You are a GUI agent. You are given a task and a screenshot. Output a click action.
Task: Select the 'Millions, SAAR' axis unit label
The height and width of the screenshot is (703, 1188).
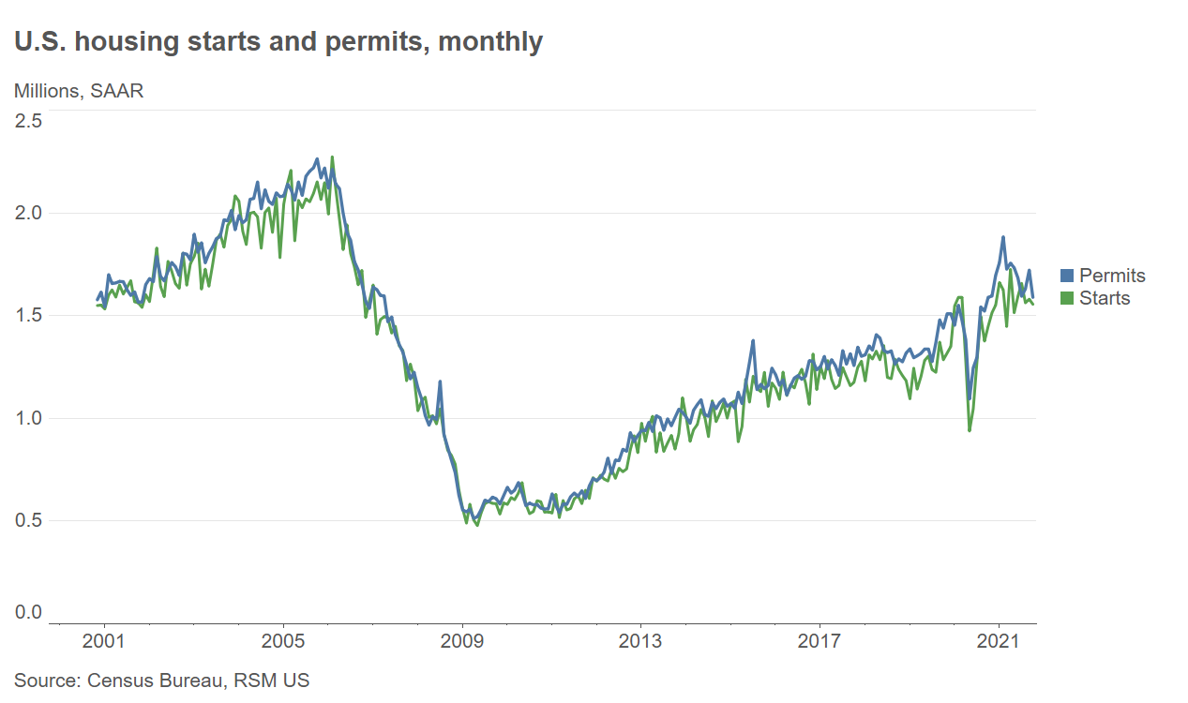click(79, 91)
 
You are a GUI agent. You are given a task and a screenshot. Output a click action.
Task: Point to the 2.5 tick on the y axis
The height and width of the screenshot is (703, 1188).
click(28, 120)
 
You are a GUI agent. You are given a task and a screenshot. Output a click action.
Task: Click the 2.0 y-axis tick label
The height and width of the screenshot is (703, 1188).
click(28, 213)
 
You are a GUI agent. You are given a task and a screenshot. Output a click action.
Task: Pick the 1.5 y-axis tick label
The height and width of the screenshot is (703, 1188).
click(28, 315)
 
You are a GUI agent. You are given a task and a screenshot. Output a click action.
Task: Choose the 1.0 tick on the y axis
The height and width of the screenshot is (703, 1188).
click(28, 418)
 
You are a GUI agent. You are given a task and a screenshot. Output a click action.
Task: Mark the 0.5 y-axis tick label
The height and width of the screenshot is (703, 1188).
click(28, 520)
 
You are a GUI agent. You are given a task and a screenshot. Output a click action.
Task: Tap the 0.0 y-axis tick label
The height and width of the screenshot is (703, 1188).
click(28, 613)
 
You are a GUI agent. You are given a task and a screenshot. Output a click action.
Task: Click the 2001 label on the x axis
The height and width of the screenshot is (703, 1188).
click(103, 642)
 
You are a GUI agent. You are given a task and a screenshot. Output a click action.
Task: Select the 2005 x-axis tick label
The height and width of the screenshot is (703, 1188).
click(282, 642)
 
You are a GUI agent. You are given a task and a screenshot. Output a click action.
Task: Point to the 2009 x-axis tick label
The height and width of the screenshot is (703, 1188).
click(462, 642)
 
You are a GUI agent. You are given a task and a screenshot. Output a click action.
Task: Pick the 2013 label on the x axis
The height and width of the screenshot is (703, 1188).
click(640, 642)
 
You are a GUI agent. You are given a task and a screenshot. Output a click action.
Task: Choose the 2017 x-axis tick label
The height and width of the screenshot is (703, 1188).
click(820, 642)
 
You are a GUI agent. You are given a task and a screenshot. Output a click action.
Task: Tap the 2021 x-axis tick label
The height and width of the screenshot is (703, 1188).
click(999, 642)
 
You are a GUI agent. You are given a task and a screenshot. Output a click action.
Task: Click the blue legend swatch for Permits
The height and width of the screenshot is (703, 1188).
click(1067, 276)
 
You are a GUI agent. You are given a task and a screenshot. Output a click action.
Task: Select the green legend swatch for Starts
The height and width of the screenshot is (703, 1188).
click(1067, 298)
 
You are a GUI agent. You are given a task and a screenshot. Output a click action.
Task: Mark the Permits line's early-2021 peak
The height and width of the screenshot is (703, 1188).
click(1003, 237)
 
